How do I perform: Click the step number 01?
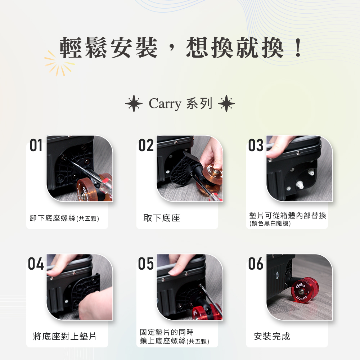(36, 146)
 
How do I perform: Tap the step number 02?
(146, 146)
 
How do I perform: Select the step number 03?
(256, 146)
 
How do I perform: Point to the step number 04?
(36, 264)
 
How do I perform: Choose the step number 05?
(146, 264)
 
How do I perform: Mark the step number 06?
(256, 264)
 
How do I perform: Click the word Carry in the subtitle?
(165, 104)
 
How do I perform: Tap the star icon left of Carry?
(134, 104)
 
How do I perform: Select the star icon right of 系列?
(226, 104)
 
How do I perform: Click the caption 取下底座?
(162, 218)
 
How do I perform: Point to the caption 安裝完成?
(272, 337)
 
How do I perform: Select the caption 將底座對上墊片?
(64, 337)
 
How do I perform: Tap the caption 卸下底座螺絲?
(53, 218)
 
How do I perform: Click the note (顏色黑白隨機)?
(270, 224)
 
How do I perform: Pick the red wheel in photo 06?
(305, 290)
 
